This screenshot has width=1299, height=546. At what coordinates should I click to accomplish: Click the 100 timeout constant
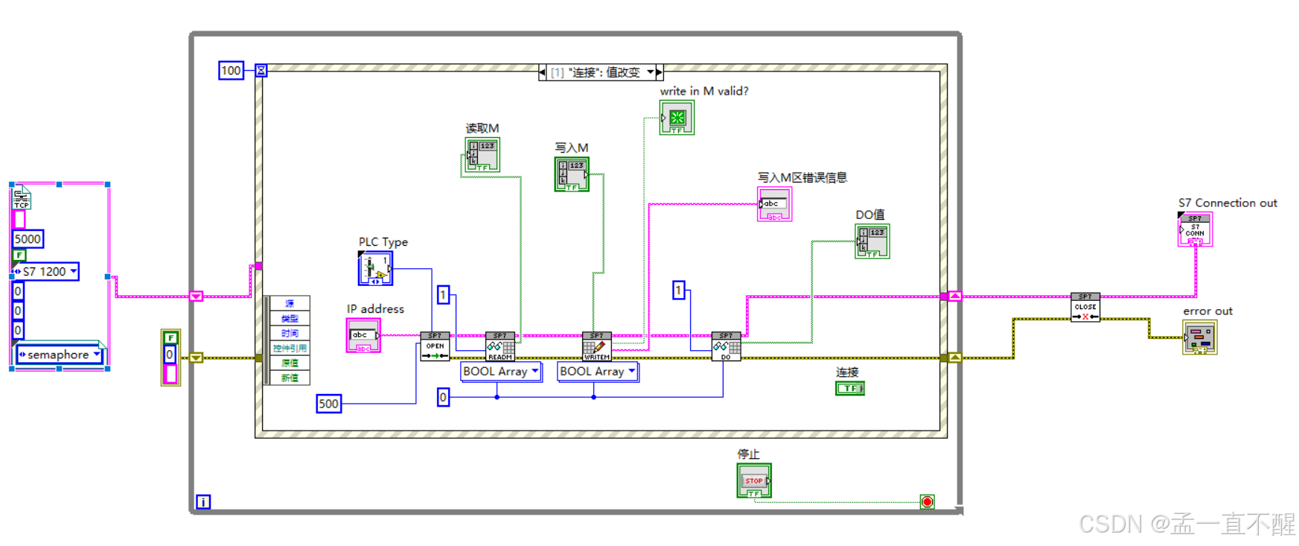click(x=231, y=71)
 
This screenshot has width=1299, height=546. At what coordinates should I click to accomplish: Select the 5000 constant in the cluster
click(x=28, y=239)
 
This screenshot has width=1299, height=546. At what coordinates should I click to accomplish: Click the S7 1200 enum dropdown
click(x=46, y=272)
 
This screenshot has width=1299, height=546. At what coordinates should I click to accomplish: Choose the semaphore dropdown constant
click(x=59, y=355)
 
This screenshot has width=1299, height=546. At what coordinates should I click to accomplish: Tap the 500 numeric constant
click(x=328, y=404)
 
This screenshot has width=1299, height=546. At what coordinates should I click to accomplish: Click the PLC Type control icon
click(x=375, y=268)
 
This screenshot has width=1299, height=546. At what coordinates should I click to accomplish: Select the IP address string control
click(x=363, y=335)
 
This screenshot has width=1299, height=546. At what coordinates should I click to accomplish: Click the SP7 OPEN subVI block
click(x=435, y=346)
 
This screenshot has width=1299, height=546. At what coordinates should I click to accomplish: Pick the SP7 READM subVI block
click(x=500, y=346)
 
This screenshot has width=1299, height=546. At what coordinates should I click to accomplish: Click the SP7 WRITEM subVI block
click(x=596, y=346)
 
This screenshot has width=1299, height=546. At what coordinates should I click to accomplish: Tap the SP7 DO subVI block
click(x=726, y=346)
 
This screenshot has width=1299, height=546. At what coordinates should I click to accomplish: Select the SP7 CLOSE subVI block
click(x=1085, y=307)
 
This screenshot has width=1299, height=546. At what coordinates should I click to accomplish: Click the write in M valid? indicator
click(x=677, y=118)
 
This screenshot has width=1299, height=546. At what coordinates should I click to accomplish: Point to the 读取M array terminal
click(x=482, y=154)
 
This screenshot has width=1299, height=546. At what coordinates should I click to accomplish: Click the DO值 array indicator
click(x=872, y=241)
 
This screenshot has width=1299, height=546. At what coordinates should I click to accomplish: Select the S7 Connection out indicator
click(x=1195, y=229)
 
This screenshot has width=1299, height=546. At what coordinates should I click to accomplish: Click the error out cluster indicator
click(x=1199, y=337)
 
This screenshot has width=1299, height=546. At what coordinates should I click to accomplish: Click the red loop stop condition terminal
click(x=927, y=502)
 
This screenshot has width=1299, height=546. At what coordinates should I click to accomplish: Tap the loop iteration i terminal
click(x=203, y=502)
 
